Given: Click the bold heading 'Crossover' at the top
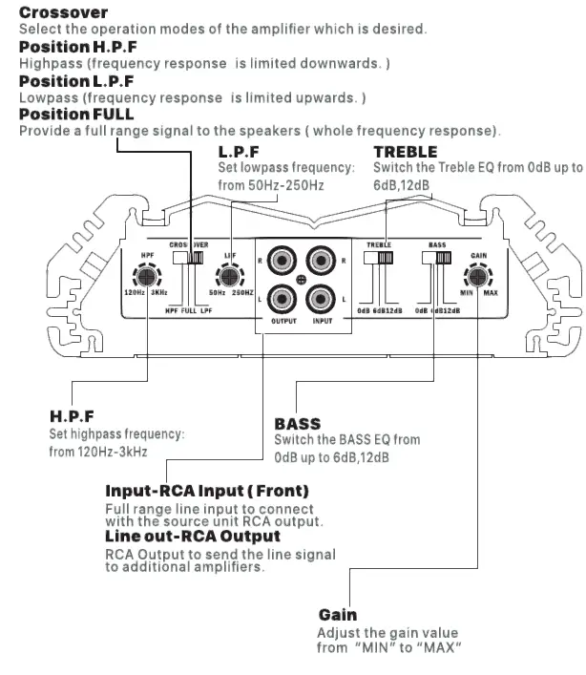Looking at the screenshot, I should [x=63, y=12].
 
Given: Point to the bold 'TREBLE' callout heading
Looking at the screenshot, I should [x=405, y=151].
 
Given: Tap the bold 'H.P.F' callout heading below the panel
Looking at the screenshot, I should [x=73, y=417].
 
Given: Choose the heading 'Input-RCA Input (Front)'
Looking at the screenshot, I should [x=206, y=491].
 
